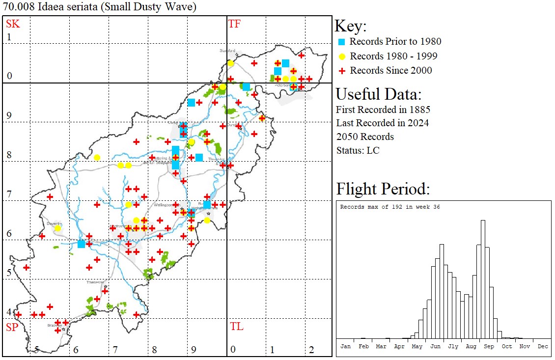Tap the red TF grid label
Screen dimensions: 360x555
click(x=234, y=24)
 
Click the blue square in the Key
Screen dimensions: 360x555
click(x=342, y=42)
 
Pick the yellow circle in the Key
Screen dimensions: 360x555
click(x=342, y=56)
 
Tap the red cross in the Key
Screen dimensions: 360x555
click(x=342, y=71)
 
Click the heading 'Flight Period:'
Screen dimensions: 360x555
click(x=383, y=189)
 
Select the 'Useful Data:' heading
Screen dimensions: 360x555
click(x=378, y=94)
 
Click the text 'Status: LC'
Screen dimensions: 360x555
click(x=358, y=150)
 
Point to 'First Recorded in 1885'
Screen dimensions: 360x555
click(x=383, y=109)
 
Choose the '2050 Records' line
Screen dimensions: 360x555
click(x=365, y=137)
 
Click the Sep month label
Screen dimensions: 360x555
click(x=489, y=346)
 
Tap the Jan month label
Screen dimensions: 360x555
click(x=345, y=346)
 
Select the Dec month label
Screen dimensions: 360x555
click(x=542, y=346)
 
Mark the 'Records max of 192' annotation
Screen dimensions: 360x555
click(x=390, y=207)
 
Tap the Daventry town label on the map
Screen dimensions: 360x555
click(x=54, y=223)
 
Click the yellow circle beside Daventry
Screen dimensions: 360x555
click(x=57, y=228)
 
